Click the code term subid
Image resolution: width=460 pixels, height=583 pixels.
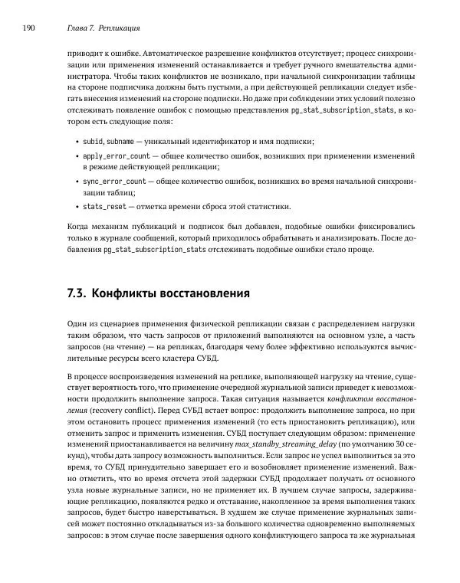[x=93, y=142]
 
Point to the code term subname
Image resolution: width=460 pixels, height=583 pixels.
[x=121, y=142]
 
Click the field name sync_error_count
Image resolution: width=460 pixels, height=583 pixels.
[x=113, y=182]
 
